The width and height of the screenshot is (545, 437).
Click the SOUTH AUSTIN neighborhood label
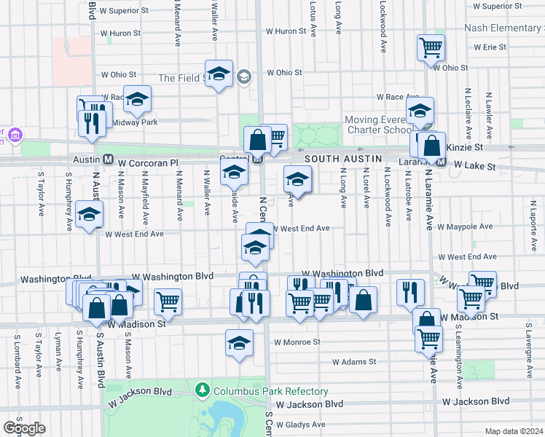coord(337,158)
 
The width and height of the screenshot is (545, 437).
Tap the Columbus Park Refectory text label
coord(270,391)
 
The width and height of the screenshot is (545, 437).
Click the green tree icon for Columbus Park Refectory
coord(204,391)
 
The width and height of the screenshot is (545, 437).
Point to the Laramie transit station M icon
coord(442,164)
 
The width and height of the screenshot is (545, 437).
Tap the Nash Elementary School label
coord(506,28)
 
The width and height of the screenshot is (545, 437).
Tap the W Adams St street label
coord(354,361)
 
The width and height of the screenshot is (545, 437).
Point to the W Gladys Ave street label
coord(299,425)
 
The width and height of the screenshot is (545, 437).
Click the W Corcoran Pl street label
coord(147,158)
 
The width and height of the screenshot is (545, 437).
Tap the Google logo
coord(24,428)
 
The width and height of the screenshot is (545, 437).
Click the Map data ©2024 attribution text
coord(513,431)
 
